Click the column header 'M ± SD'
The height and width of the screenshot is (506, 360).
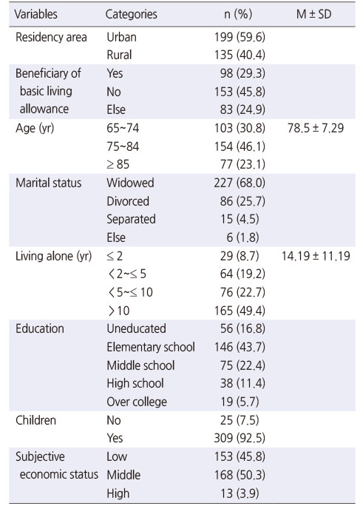pyautogui.click(x=313, y=14)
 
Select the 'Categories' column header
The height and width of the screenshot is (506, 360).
pyautogui.click(x=132, y=14)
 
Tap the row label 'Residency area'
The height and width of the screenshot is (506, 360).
pyautogui.click(x=51, y=37)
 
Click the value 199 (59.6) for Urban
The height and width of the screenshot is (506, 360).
pyautogui.click(x=240, y=38)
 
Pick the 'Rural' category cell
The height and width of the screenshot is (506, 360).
pyautogui.click(x=119, y=55)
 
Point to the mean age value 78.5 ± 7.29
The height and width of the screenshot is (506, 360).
pyautogui.click(x=316, y=128)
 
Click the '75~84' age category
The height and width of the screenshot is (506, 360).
pyautogui.click(x=123, y=146)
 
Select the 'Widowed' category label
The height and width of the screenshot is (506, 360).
pyautogui.click(x=130, y=183)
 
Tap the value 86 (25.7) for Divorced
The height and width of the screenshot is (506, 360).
pyautogui.click(x=242, y=201)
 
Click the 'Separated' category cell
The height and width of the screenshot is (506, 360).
pyautogui.click(x=131, y=219)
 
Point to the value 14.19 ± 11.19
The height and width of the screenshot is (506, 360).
pyautogui.click(x=316, y=256)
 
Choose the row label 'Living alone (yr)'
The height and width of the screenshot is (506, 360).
pyautogui.click(x=53, y=256)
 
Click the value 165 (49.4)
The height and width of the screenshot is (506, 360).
pyautogui.click(x=240, y=311)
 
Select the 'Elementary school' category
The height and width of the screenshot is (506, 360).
pyautogui.click(x=151, y=347)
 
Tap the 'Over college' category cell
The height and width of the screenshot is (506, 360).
pyautogui.click(x=137, y=402)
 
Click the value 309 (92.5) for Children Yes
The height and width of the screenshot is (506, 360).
pyautogui.click(x=240, y=438)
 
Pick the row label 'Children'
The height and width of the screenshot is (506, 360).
pyautogui.click(x=35, y=420)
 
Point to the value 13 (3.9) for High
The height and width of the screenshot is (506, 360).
pyautogui.click(x=240, y=493)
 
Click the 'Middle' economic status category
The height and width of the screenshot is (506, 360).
pyautogui.click(x=123, y=475)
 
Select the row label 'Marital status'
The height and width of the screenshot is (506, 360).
pyautogui.click(x=48, y=183)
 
